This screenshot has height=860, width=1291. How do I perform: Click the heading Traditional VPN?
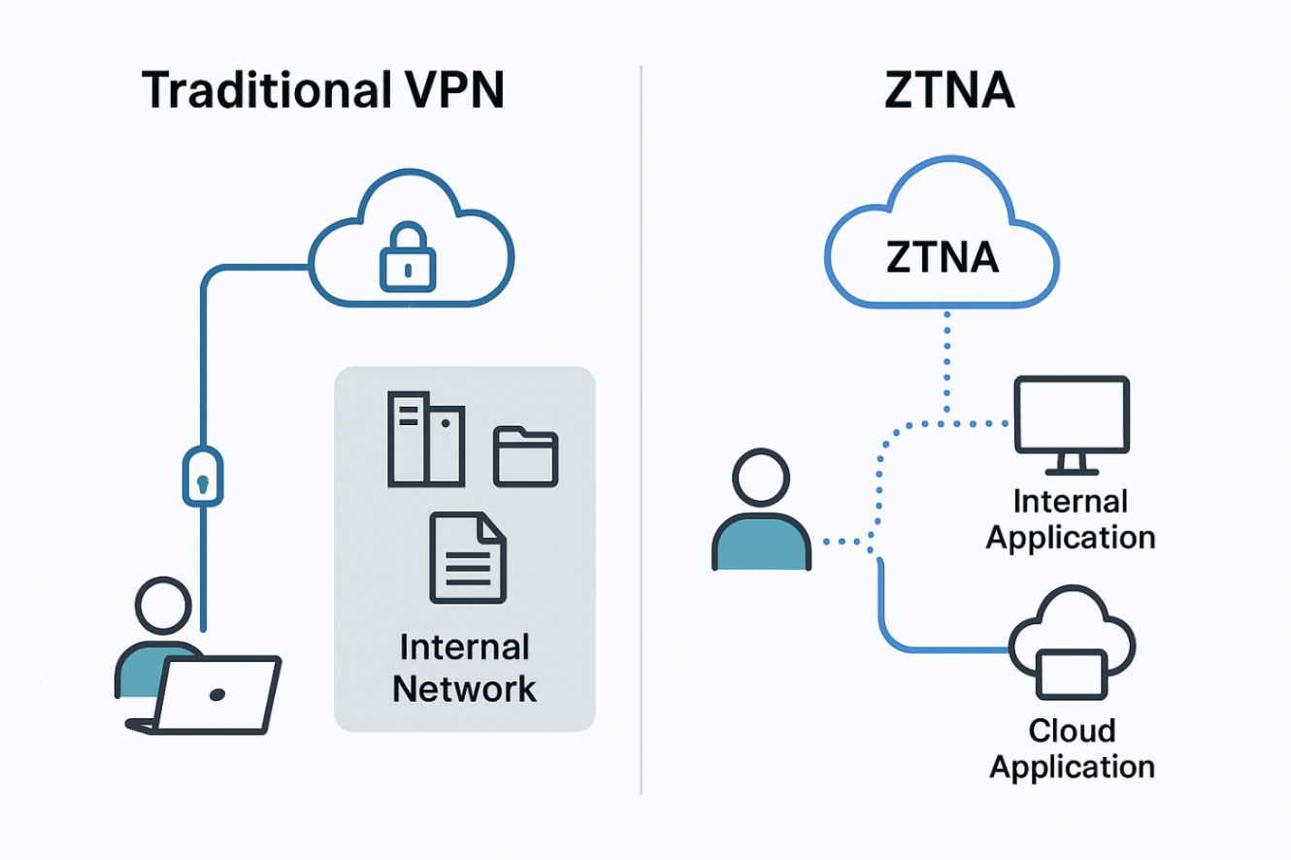click(x=322, y=89)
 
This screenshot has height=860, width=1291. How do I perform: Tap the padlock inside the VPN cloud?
click(x=409, y=256)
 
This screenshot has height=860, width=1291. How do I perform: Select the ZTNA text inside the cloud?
click(x=942, y=257)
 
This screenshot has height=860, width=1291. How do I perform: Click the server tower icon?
click(x=425, y=439)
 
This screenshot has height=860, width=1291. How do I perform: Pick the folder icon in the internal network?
click(x=525, y=455)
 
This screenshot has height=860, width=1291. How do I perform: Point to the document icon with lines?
click(x=468, y=558)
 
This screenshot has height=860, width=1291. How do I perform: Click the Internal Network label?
click(x=464, y=668)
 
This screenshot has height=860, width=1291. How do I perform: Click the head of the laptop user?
click(x=164, y=607)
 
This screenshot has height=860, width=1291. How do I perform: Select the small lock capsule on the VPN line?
click(x=202, y=476)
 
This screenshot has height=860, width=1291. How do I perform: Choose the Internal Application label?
click(x=1071, y=519)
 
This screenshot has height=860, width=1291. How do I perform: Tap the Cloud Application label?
click(x=1072, y=747)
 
